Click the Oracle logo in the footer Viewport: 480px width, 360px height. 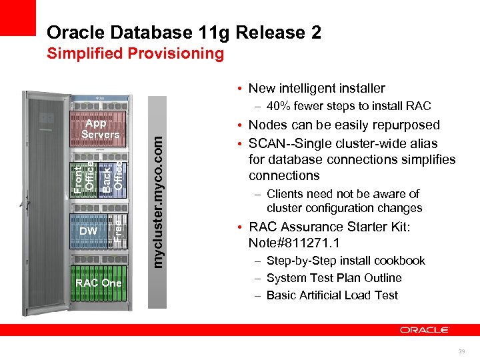click(425, 330)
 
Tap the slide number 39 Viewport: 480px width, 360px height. click(461, 351)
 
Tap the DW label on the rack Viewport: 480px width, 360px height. click(88, 231)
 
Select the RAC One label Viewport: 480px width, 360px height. click(99, 283)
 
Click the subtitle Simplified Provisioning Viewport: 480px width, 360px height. click(135, 54)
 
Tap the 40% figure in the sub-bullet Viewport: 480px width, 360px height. click(278, 106)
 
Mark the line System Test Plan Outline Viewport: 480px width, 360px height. click(333, 278)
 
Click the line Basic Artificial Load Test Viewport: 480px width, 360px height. click(331, 295)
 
